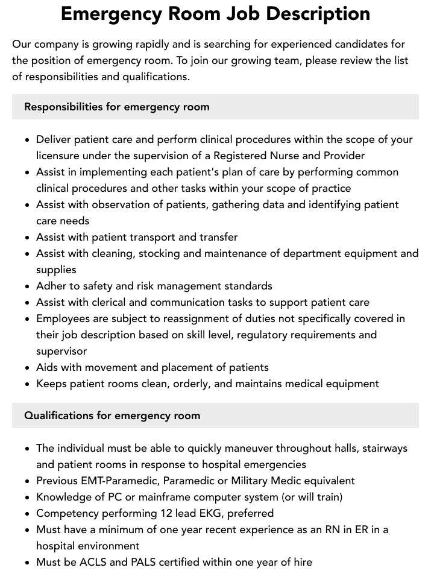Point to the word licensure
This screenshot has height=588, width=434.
tap(60, 156)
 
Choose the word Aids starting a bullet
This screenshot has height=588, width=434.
tap(48, 367)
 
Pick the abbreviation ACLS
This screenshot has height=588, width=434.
tap(102, 562)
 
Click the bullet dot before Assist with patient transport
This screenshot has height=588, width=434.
tap(28, 238)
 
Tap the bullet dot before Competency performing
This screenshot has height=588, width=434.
tap(28, 514)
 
